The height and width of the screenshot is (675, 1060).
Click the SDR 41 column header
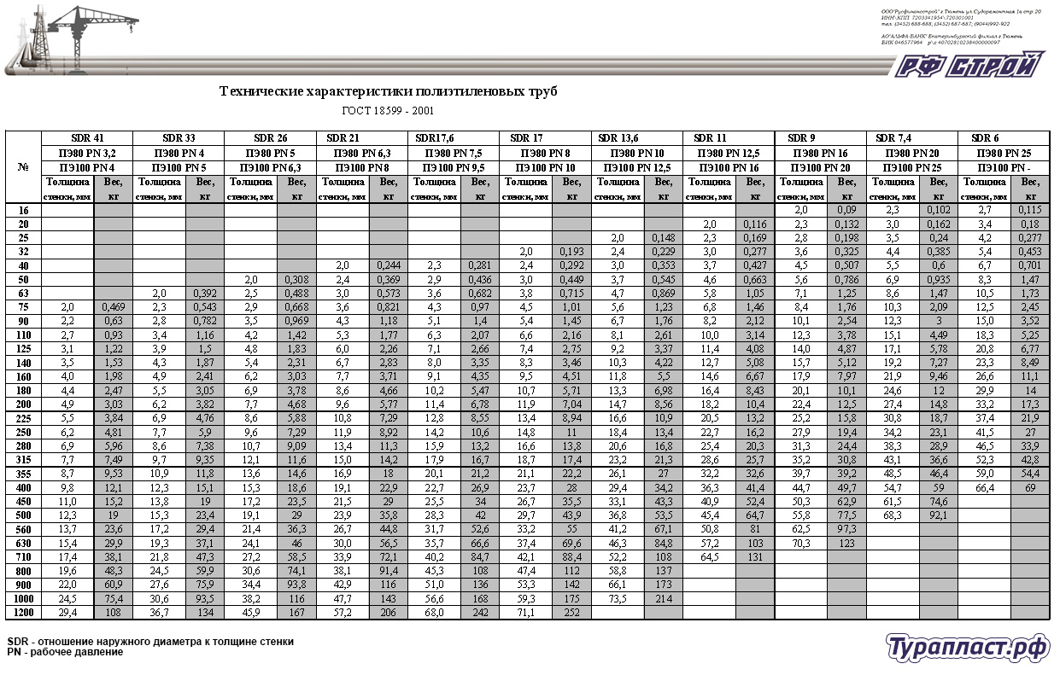pyautogui.click(x=88, y=137)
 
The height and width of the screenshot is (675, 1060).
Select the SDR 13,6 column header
pyautogui.click(x=619, y=137)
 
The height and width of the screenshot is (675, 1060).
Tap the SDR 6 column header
pyautogui.click(x=985, y=137)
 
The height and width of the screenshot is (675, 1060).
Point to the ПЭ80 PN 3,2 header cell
pyautogui.click(x=87, y=153)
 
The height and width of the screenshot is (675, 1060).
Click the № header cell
pyautogui.click(x=23, y=166)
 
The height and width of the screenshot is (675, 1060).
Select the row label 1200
pyautogui.click(x=23, y=612)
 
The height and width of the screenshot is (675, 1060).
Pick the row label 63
pyautogui.click(x=23, y=293)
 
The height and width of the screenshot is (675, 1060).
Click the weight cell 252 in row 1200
pyautogui.click(x=572, y=612)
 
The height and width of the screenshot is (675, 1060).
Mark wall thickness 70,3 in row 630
pyautogui.click(x=801, y=542)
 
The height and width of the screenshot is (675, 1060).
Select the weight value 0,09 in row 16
pyautogui.click(x=846, y=209)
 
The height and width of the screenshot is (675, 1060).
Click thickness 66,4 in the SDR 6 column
pyautogui.click(x=985, y=487)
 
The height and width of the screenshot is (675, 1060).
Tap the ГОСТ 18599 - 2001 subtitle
pyautogui.click(x=388, y=111)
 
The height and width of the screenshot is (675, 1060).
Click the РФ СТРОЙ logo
pyautogui.click(x=970, y=66)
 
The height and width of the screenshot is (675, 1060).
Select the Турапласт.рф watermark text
pyautogui.click(x=967, y=648)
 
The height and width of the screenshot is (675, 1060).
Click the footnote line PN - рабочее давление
pyautogui.click(x=65, y=652)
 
